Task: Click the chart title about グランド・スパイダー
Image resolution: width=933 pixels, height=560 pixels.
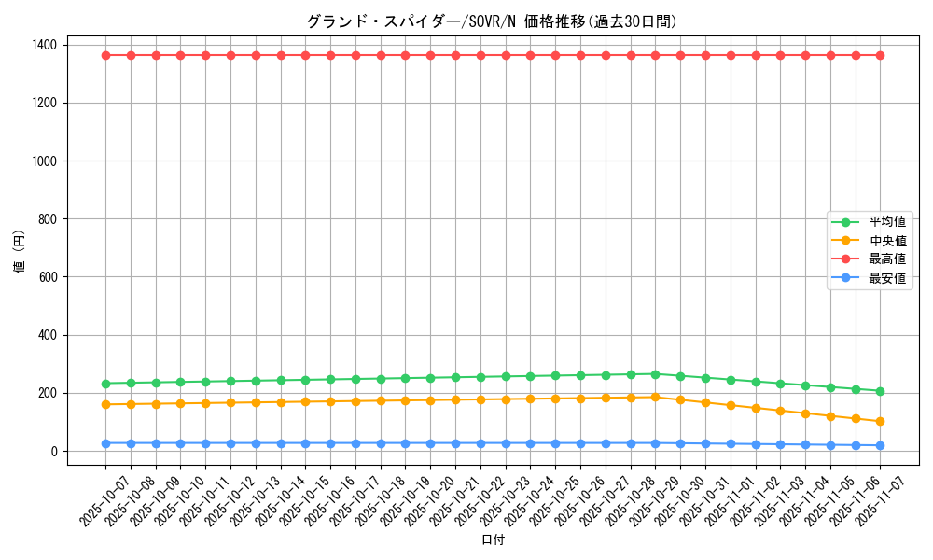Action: pyautogui.click(x=492, y=21)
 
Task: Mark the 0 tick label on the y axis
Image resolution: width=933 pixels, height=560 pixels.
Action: pyautogui.click(x=54, y=451)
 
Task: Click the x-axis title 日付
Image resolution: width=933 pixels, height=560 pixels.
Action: pyautogui.click(x=493, y=540)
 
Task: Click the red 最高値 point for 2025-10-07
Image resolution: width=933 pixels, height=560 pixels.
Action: pyautogui.click(x=105, y=55)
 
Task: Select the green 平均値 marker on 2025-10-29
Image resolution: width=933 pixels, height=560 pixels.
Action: pyautogui.click(x=655, y=374)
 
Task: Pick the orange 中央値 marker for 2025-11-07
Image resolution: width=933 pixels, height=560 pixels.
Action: pyautogui.click(x=880, y=421)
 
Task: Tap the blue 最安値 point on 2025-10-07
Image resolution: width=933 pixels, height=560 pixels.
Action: pyautogui.click(x=105, y=443)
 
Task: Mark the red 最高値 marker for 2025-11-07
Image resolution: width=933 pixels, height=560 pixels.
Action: pyautogui.click(x=880, y=55)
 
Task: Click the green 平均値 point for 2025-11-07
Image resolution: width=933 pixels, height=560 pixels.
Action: pyautogui.click(x=880, y=391)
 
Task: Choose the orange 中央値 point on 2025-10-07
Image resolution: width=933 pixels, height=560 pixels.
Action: pyautogui.click(x=105, y=404)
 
